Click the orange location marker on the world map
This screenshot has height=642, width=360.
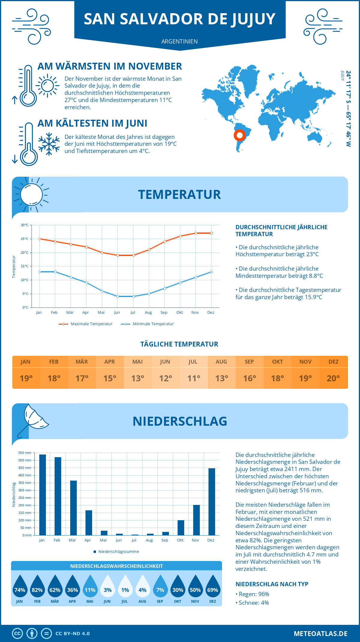pos(239,135)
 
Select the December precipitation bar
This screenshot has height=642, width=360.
pos(211,502)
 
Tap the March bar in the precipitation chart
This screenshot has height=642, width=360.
pos(73,508)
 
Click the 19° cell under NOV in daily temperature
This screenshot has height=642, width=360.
pos(305,378)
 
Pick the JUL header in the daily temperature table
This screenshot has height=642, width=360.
pos(193,362)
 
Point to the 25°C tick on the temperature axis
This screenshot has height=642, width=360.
pos(25,239)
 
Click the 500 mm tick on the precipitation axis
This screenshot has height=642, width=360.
pos(25,460)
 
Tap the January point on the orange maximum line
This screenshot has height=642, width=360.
pos(40,239)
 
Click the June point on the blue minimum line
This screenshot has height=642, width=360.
pos(118,296)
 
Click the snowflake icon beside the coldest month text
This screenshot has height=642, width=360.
pos(49,144)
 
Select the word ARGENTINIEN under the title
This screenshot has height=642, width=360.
pos(179,41)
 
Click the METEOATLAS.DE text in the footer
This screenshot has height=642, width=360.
pos(320,634)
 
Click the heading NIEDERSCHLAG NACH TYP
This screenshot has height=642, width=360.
pos(272,584)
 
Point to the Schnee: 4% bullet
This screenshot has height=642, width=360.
pos(252,603)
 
